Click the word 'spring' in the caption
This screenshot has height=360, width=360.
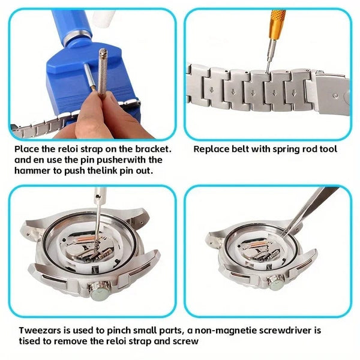pyautogui.click(x=283, y=148)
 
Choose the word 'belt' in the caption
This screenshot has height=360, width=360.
pyautogui.click(x=242, y=148)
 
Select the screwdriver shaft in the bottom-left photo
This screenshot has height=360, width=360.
pyautogui.click(x=94, y=216)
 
